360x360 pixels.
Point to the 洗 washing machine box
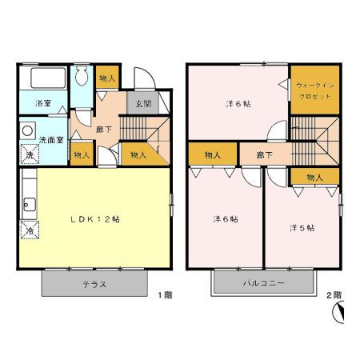point(27,154)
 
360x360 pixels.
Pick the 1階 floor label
point(164,295)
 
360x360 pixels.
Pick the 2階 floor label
point(334,295)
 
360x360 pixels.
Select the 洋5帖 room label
point(302,227)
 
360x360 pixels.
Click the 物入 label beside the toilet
point(106,78)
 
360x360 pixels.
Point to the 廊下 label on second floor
point(264,155)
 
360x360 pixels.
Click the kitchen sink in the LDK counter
point(26,202)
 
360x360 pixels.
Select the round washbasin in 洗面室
point(27,130)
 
